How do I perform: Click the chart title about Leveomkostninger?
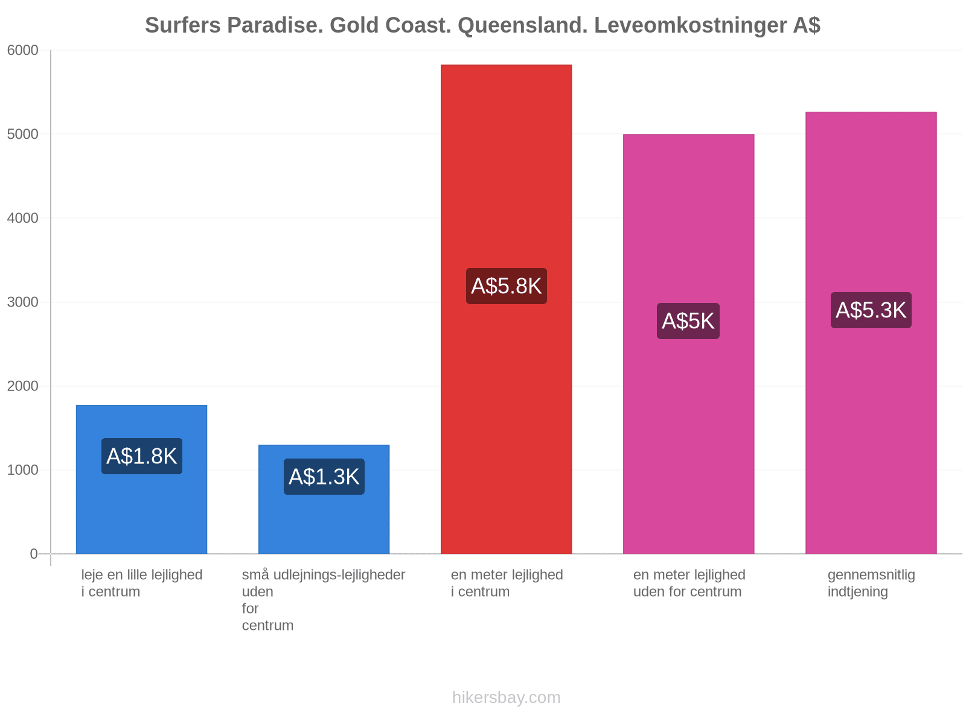482,25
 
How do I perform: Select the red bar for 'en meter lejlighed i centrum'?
506,309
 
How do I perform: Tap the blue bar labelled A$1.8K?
141,479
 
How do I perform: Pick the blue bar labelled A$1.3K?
324,500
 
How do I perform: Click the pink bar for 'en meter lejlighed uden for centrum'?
688,344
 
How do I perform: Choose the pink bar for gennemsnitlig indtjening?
871,333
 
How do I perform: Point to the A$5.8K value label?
506,286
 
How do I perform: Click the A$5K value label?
688,321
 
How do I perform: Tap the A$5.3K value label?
871,310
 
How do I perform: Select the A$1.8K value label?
142,456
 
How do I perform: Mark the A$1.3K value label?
324,477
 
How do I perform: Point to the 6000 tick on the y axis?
22,50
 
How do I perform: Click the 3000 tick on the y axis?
22,302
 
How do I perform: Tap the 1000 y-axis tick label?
22,470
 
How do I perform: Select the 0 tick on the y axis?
33,554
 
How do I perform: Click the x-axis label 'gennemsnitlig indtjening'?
871,583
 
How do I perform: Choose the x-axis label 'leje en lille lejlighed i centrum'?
142,583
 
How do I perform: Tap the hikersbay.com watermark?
506,697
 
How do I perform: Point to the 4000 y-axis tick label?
22,218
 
